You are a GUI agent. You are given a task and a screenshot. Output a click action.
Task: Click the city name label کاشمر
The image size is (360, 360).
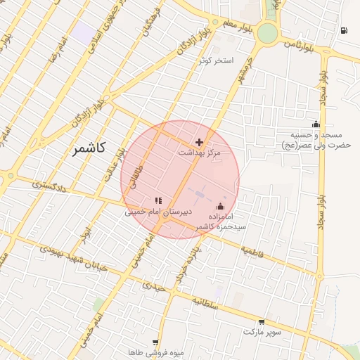coord(89,148)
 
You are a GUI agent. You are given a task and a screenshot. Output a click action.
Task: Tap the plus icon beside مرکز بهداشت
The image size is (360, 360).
coord(199,142)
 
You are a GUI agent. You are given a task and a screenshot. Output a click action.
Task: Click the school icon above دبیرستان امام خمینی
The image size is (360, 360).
coord(158,201)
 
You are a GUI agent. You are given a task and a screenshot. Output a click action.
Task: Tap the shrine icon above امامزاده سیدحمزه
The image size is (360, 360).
coord(221,206)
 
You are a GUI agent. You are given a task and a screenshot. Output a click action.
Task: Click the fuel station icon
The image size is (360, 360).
coord(343,30)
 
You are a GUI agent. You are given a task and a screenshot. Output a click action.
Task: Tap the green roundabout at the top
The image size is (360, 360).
coord(267,33)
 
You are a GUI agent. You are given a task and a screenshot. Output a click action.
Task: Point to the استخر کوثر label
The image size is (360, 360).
coord(215,61)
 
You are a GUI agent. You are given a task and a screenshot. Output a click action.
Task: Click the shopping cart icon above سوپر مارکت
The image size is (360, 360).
coord(262,321)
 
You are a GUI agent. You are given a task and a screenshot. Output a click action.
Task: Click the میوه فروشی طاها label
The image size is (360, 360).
coord(156,352)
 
